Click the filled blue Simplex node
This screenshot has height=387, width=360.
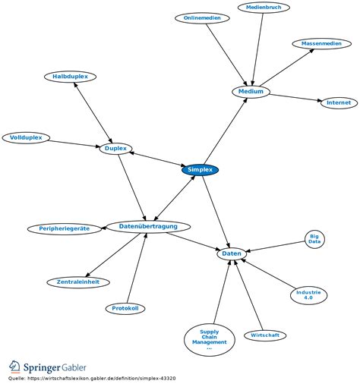200,170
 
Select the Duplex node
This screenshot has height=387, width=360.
115,149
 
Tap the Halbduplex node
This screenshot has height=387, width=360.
70,77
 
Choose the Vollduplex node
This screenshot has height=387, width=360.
26,138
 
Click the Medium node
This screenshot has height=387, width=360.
251,92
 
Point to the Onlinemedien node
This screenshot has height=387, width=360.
202,18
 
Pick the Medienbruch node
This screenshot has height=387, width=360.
264,8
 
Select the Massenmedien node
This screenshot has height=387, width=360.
321,44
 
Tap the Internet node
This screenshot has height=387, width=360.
339,102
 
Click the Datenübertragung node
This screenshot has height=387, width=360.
148,227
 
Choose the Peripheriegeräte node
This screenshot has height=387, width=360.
65,229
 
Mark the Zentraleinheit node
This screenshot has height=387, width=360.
78,282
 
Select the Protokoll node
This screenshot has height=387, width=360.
125,309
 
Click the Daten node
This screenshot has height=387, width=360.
232,253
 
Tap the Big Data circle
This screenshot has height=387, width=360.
314,239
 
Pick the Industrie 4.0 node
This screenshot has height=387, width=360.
308,295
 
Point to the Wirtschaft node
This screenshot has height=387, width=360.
265,335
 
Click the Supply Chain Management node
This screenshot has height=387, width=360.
210,340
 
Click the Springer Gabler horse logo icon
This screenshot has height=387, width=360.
14,367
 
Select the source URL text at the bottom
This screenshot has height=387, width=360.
101,379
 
